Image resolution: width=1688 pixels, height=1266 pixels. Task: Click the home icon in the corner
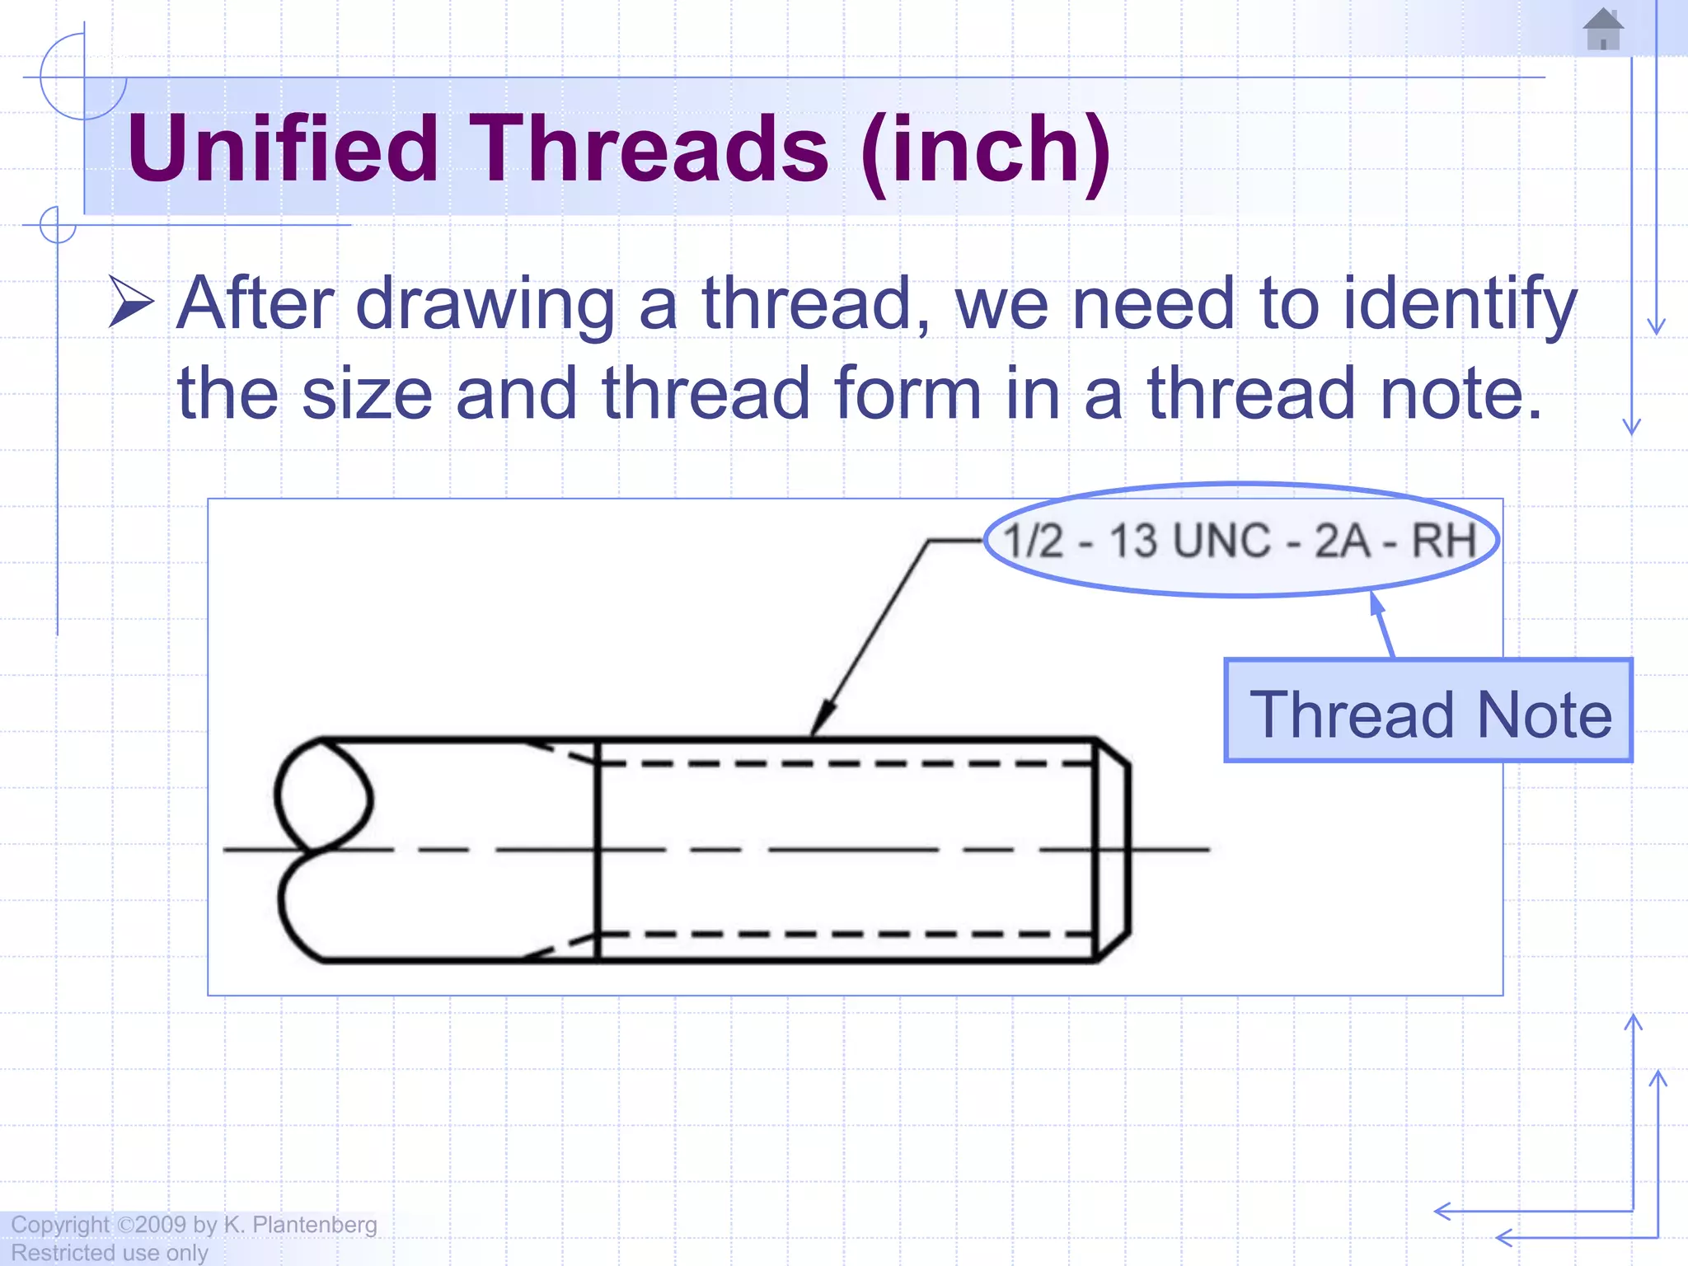[1603, 30]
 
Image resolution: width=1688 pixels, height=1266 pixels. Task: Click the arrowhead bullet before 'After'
[131, 302]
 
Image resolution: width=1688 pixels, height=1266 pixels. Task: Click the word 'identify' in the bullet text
[1459, 305]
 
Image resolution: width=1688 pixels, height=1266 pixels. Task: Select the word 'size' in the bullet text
[367, 394]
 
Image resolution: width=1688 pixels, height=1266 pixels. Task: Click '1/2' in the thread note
[1034, 542]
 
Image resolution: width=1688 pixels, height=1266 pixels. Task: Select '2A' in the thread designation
[1343, 542]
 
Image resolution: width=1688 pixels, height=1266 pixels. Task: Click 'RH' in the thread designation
[1443, 542]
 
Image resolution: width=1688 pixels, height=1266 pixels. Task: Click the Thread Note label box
[1428, 710]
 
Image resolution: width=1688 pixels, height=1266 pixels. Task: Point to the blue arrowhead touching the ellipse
[1377, 603]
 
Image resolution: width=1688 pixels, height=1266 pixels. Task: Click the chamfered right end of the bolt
[1113, 850]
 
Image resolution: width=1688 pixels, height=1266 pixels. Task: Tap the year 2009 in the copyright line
[161, 1225]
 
